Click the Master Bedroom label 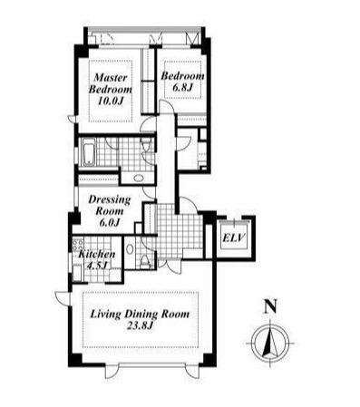click(110, 83)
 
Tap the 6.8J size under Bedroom click(182, 88)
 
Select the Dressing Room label click(110, 205)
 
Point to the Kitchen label click(97, 254)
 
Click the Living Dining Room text click(140, 315)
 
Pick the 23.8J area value click(140, 326)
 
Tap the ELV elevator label click(233, 238)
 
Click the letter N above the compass click(270, 306)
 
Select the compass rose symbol click(270, 344)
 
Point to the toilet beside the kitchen click(146, 261)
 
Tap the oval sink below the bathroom click(139, 178)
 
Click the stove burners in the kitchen click(77, 245)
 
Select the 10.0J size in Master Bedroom click(110, 101)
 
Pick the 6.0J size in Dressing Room click(110, 222)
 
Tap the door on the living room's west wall click(63, 298)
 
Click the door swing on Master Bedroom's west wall click(72, 119)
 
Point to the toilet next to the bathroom click(146, 144)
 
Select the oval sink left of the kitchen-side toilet click(130, 249)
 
